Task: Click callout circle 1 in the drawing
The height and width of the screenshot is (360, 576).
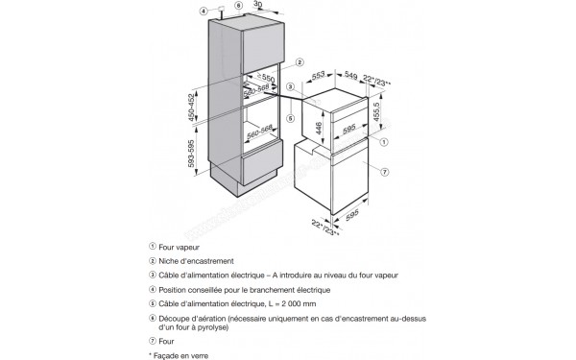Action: click(x=384, y=141)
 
